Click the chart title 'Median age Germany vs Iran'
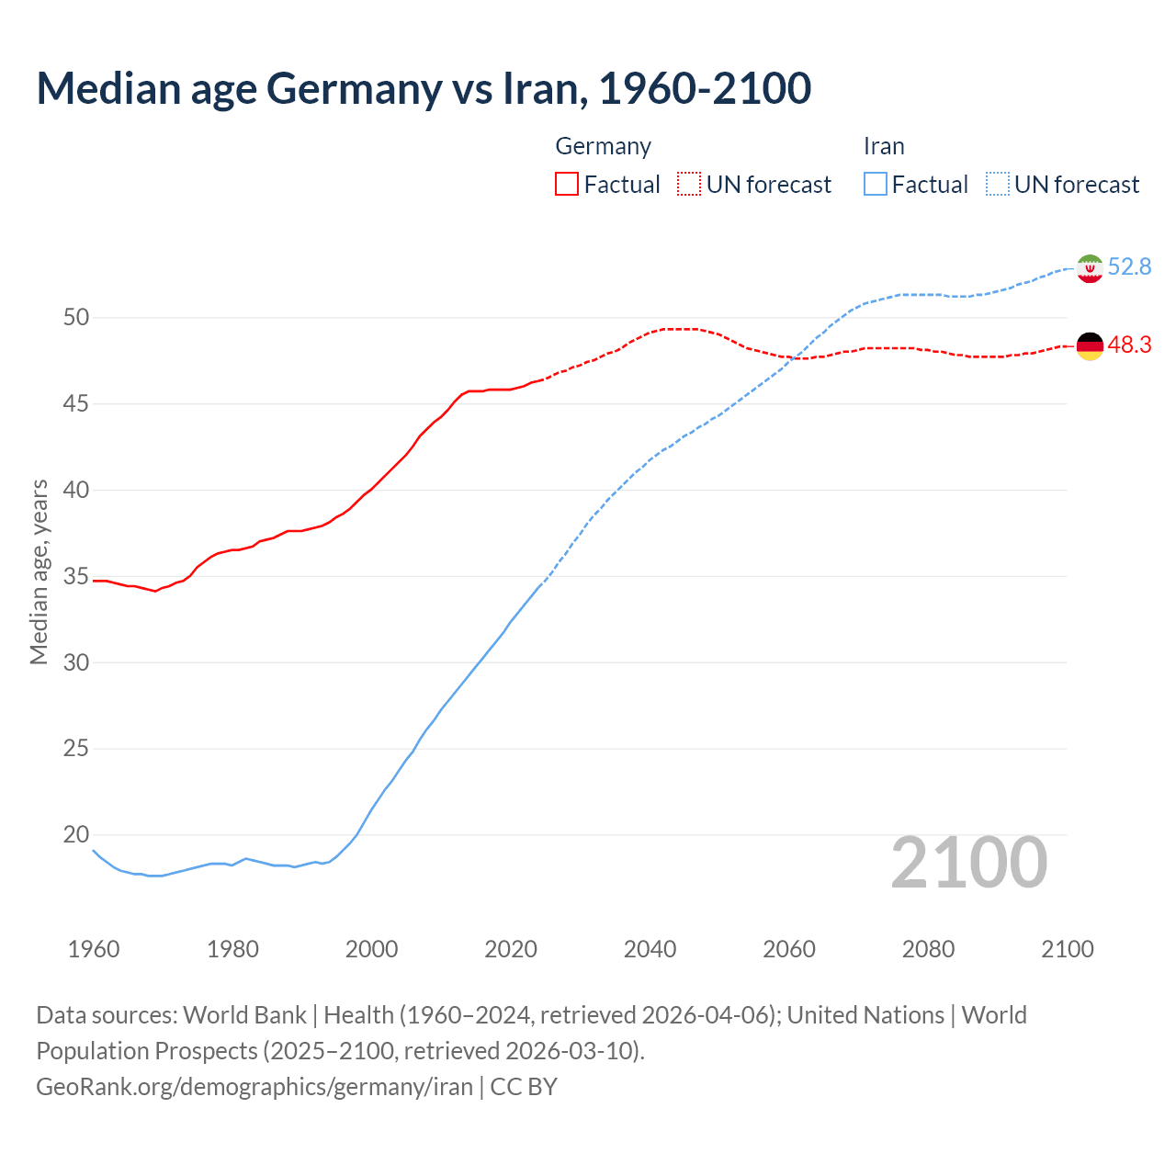tap(424, 88)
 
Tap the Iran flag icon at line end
tap(1090, 268)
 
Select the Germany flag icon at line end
tap(1090, 346)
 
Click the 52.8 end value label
tap(1129, 267)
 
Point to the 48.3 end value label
tap(1129, 345)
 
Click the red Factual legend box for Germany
tap(567, 185)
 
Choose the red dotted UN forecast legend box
tap(689, 185)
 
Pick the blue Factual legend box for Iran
tap(876, 185)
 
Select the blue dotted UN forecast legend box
tap(998, 185)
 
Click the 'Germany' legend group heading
tap(603, 146)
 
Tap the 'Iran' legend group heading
tap(884, 146)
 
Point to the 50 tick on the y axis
tap(76, 318)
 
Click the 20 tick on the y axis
tap(76, 835)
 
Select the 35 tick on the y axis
tap(76, 577)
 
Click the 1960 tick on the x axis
tap(94, 949)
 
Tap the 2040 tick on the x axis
tap(650, 949)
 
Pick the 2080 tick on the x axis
tap(928, 949)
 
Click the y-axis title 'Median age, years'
tap(39, 571)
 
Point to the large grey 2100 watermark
tap(968, 863)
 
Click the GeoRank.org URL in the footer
tap(254, 1087)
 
